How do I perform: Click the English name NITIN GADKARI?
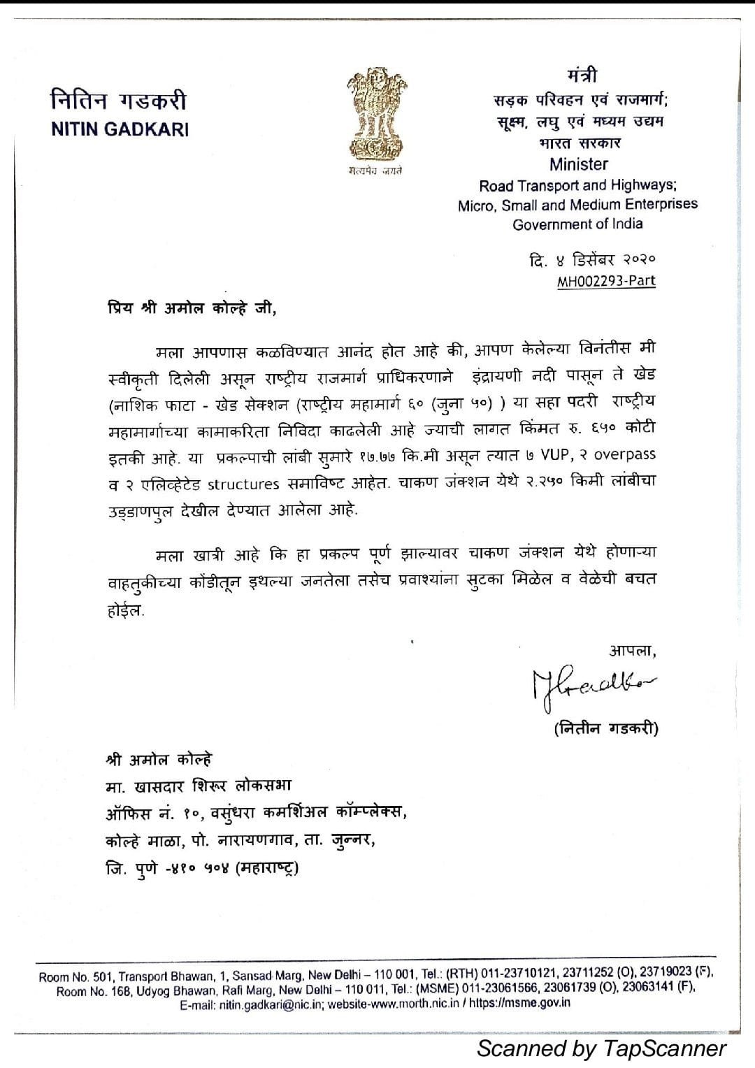120,130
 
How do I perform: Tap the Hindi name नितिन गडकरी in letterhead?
119,101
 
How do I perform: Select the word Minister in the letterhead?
578,165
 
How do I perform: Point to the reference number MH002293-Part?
606,282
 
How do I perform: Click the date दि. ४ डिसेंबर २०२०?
592,260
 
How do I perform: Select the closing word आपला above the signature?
633,651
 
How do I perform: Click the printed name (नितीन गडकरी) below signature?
605,729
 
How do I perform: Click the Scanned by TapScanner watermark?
602,1048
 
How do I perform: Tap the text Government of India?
577,224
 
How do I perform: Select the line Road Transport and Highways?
577,186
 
